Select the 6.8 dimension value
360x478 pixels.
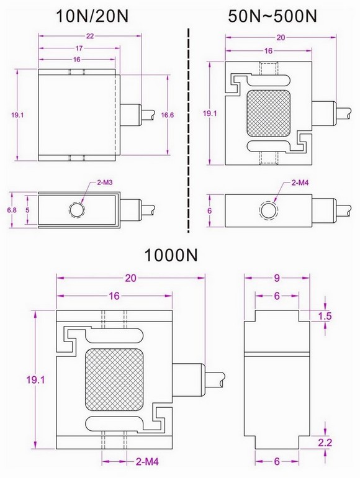[11, 211]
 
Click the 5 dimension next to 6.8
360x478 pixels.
[27, 211]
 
